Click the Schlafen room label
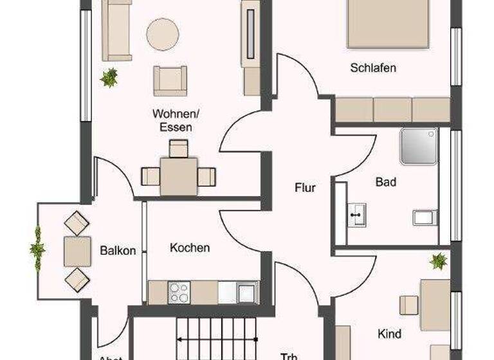[372, 68]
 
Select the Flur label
[305, 188]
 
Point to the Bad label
[386, 183]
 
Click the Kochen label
[190, 248]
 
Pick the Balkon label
[118, 251]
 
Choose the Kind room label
[390, 334]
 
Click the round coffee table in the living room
[162, 34]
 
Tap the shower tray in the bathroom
[418, 146]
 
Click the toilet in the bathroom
[425, 217]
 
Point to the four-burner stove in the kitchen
[178, 292]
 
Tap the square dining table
[178, 175]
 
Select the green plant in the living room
[109, 78]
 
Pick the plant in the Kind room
[439, 261]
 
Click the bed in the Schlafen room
[389, 24]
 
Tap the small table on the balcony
[77, 251]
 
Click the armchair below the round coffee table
[170, 81]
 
